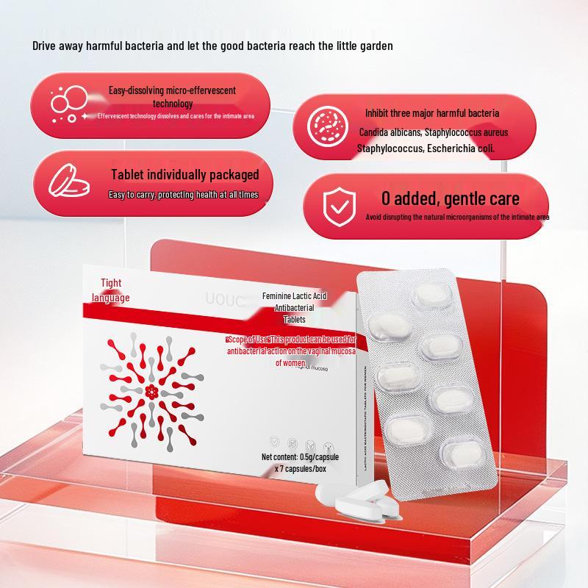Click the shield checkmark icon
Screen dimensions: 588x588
pyautogui.click(x=337, y=207)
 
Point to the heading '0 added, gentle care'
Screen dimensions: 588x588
pyautogui.click(x=450, y=198)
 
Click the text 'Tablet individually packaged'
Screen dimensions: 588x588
pyautogui.click(x=184, y=175)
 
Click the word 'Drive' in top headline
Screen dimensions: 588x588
pyautogui.click(x=45, y=46)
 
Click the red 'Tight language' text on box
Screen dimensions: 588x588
pyautogui.click(x=111, y=290)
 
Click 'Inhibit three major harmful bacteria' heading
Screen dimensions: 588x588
pyautogui.click(x=432, y=113)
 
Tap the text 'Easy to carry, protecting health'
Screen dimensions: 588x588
pyautogui.click(x=184, y=195)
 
